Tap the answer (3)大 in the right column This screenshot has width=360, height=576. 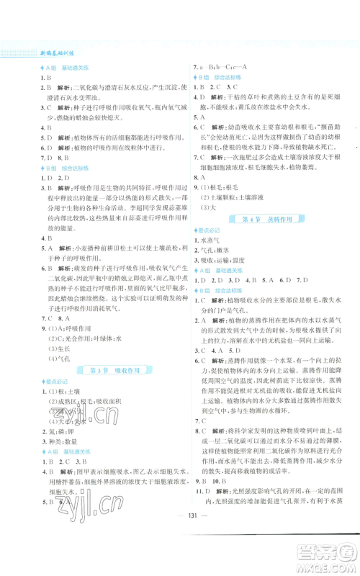tap(207, 206)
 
